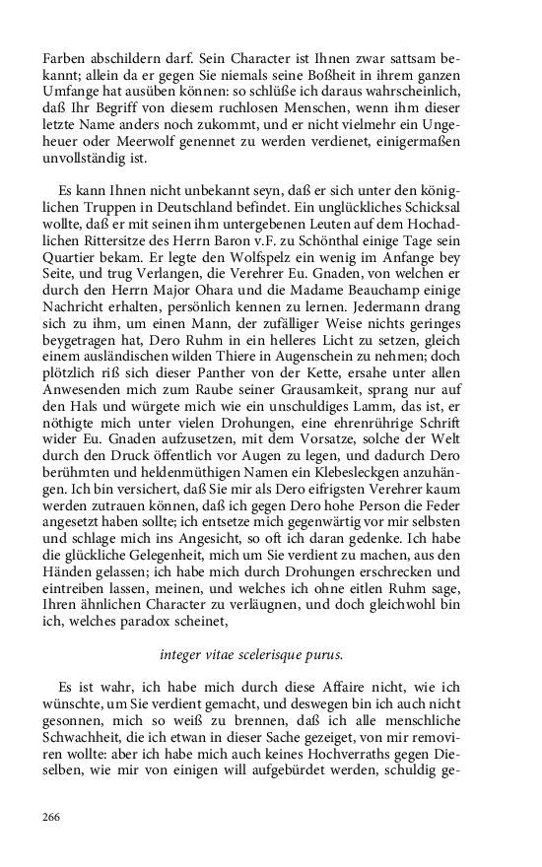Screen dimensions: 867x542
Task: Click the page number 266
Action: pos(50,817)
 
